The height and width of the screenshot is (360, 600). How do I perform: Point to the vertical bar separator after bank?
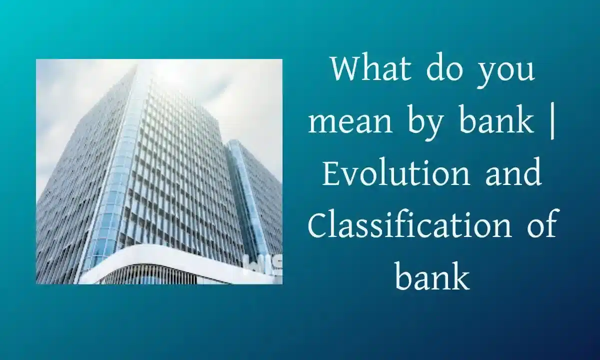click(x=552, y=124)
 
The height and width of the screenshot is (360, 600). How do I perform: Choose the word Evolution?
click(x=396, y=173)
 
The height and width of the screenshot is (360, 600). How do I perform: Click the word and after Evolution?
click(x=513, y=173)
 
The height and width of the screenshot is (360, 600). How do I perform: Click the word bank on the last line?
click(x=432, y=276)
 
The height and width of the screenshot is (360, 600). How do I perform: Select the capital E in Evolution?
click(x=331, y=173)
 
